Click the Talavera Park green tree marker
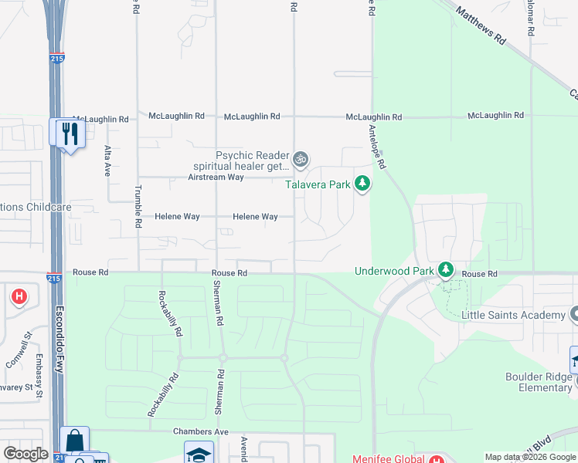click(362, 184)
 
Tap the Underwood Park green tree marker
click(445, 269)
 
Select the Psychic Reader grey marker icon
click(301, 160)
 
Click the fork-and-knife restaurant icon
click(69, 133)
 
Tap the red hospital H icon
click(19, 296)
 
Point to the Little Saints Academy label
click(513, 315)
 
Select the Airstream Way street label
click(216, 177)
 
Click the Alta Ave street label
click(107, 161)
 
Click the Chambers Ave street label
click(201, 431)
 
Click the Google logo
click(25, 454)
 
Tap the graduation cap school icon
click(199, 453)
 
